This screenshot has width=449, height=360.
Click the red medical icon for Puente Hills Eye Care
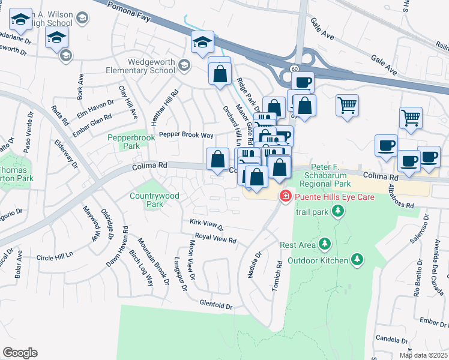click(286, 196)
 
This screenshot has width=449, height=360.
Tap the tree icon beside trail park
click(339, 211)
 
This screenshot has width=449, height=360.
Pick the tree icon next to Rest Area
click(325, 244)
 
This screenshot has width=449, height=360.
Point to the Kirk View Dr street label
click(206, 225)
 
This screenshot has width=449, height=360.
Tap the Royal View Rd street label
click(215, 240)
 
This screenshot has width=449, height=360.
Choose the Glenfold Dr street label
click(216, 306)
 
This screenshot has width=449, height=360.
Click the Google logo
click(20, 353)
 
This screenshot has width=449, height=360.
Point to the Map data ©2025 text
click(423, 355)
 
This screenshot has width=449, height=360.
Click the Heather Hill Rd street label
click(164, 107)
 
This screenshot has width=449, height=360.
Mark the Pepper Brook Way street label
click(186, 135)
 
